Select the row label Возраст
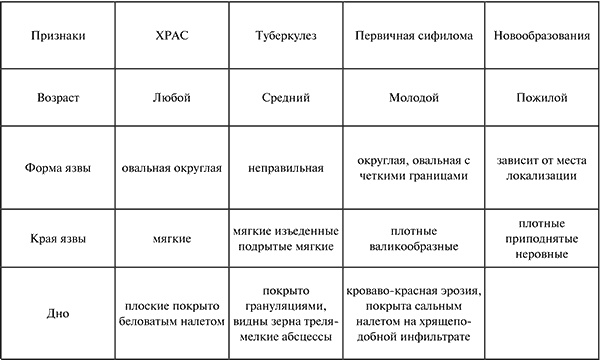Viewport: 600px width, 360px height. pyautogui.click(x=55, y=100)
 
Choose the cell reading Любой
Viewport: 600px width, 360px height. pyautogui.click(x=166, y=100)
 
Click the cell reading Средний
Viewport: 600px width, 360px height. pyautogui.click(x=283, y=100)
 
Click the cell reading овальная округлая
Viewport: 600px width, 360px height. pyautogui.click(x=166, y=167)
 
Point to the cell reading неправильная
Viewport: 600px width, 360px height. pyautogui.click(x=283, y=167)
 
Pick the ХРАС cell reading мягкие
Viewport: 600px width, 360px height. pyautogui.click(x=166, y=238)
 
